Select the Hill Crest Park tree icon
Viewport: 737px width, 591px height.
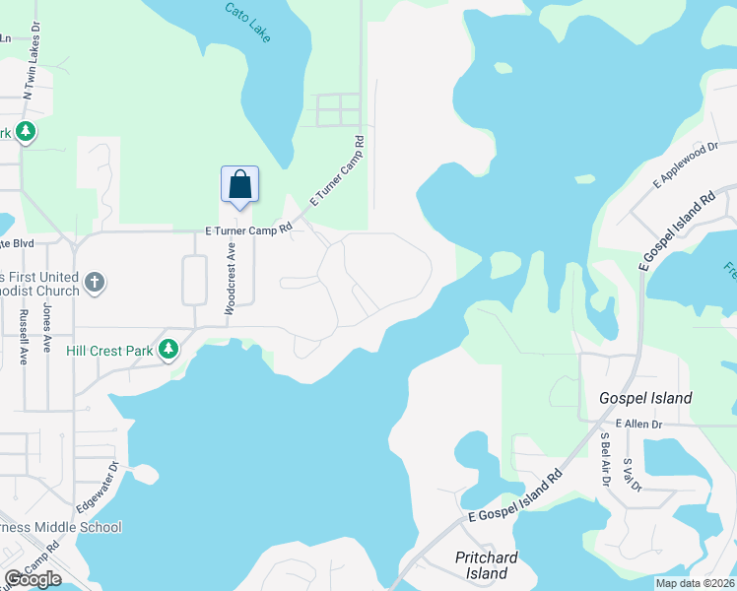168,349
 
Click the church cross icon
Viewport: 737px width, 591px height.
94,284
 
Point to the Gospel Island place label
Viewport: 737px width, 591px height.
646,398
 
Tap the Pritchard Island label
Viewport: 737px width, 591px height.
488,565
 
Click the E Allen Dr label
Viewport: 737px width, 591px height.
641,423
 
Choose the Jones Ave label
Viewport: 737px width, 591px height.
46,328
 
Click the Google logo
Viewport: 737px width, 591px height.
33,579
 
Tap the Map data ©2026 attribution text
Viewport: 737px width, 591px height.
695,583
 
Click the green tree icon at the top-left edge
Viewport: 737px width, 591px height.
26,132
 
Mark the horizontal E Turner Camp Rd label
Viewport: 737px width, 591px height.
249,229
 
